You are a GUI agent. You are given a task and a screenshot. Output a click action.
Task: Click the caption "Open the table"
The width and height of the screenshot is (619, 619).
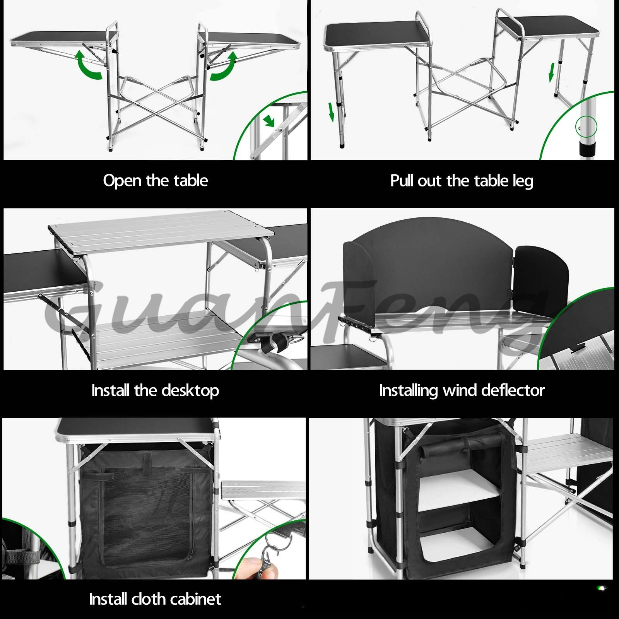tap(156, 181)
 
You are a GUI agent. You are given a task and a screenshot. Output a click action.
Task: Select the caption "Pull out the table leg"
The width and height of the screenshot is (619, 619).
tap(462, 181)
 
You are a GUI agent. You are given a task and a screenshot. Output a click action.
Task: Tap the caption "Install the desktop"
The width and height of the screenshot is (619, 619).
tap(155, 390)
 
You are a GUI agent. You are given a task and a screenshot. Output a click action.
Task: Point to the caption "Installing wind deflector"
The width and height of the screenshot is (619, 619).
tap(462, 390)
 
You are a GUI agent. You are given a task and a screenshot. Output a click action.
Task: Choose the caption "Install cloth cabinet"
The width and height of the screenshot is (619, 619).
tap(155, 599)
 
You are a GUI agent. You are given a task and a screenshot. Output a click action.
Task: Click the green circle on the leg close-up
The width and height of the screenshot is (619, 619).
tap(587, 127)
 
